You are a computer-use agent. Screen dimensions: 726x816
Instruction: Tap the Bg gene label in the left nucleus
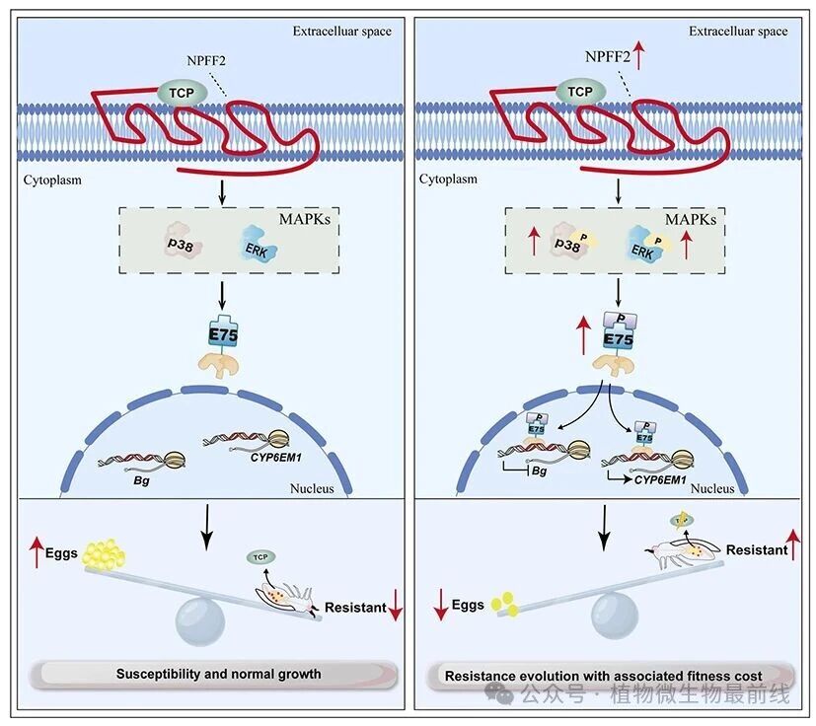tap(141, 475)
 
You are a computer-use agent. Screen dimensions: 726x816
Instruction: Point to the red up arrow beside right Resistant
tap(795, 545)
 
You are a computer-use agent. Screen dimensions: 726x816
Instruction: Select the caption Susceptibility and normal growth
tap(218, 675)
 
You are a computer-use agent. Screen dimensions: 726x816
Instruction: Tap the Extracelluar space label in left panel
tap(341, 31)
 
